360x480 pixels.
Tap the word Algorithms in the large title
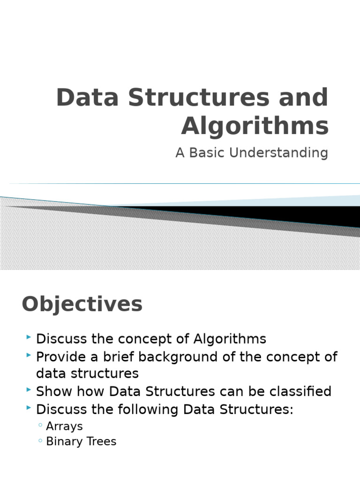(255, 126)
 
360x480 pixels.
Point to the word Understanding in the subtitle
(279, 153)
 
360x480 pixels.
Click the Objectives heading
(82, 304)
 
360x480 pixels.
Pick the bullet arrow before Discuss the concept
(30, 337)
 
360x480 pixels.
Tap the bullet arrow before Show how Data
(30, 390)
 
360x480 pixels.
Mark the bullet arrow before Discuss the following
(30, 408)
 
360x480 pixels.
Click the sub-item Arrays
(64, 426)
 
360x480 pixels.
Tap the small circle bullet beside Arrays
(41, 426)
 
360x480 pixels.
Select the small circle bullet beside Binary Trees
(41, 441)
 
